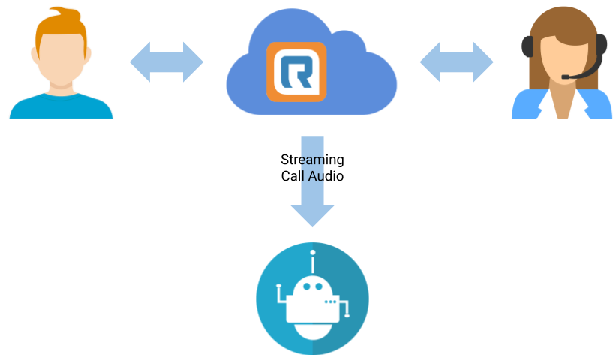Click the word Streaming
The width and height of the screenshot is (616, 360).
tap(312, 160)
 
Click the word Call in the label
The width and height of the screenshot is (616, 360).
tap(293, 176)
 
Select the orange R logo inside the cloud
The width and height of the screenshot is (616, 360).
tap(296, 72)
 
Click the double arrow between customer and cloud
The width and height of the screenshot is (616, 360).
tap(167, 62)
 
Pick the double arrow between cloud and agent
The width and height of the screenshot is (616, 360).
tap(456, 62)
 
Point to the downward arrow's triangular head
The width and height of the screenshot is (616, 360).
tap(312, 215)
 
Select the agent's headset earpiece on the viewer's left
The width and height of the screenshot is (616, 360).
tap(527, 46)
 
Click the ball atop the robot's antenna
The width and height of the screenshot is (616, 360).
tap(313, 253)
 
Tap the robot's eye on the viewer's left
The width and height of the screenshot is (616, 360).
tap(306, 286)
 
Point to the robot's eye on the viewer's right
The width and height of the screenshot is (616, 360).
tap(319, 286)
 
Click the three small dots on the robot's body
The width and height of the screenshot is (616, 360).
tap(330, 301)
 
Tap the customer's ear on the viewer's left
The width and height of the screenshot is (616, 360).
tap(35, 55)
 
